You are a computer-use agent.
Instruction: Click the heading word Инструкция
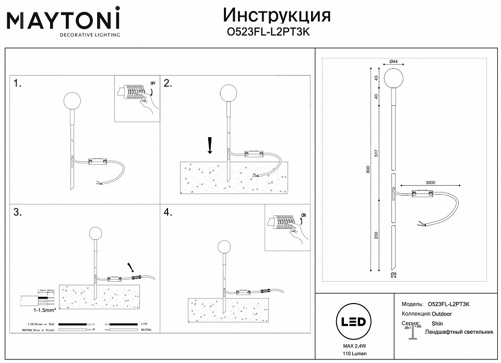point(277,15)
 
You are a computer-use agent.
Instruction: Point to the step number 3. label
point(18,212)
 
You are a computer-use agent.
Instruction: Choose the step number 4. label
point(168,212)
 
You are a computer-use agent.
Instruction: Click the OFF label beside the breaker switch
point(153,83)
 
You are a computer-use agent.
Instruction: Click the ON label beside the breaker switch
point(304,214)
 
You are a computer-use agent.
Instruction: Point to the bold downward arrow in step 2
point(210,146)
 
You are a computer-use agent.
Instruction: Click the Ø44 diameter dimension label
point(393,62)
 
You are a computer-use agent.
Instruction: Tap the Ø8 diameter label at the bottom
point(393,273)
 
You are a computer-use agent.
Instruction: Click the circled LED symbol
point(353,321)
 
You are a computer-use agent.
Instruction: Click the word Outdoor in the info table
point(442,314)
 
